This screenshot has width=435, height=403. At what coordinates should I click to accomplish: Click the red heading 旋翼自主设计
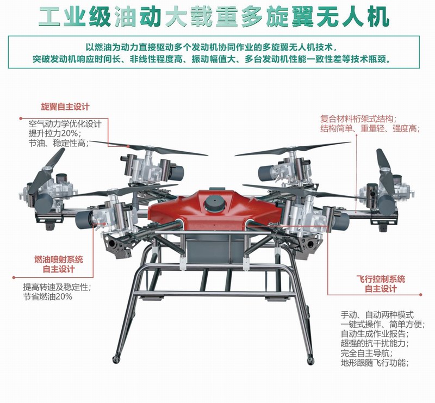(x=65, y=107)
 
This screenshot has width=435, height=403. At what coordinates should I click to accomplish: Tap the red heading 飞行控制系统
(x=381, y=279)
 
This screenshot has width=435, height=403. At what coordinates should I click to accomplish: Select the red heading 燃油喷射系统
(x=59, y=259)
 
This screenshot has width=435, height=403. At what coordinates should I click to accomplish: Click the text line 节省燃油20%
(x=48, y=297)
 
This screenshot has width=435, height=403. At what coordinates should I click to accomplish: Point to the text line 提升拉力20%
(x=55, y=133)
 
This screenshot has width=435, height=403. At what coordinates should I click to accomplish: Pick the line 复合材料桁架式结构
(x=358, y=119)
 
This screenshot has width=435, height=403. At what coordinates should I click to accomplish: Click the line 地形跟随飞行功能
(x=375, y=363)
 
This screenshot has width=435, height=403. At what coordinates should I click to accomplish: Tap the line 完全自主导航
(x=366, y=354)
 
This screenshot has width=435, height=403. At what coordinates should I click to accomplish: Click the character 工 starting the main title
(x=50, y=17)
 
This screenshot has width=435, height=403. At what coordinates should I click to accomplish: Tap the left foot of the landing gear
(x=115, y=359)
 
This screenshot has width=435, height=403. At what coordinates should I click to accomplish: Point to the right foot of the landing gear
(x=310, y=361)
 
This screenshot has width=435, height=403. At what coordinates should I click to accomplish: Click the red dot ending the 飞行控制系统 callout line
(x=420, y=294)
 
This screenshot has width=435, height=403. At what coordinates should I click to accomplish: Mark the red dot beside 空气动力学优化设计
(x=21, y=118)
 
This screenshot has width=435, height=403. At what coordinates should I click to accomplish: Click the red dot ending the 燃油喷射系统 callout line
(x=14, y=277)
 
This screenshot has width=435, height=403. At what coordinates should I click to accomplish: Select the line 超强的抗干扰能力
(x=375, y=343)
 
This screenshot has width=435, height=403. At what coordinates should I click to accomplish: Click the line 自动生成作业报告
(x=375, y=333)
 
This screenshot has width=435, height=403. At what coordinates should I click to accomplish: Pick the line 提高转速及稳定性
(x=58, y=287)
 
